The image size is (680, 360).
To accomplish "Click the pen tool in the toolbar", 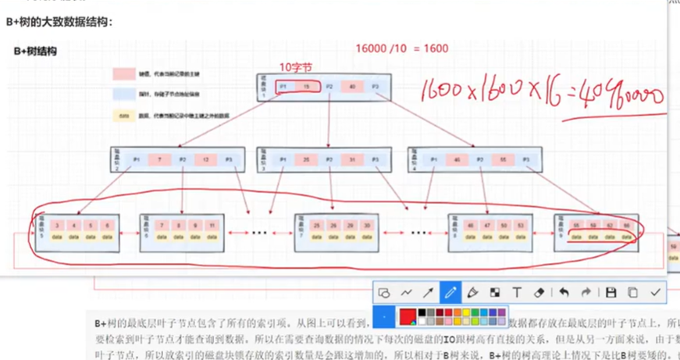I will pos(450,292).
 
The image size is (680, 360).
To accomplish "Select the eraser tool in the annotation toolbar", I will pos(539,292).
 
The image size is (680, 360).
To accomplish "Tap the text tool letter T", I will pos(517,292).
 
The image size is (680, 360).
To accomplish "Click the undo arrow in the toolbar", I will pos(564,292).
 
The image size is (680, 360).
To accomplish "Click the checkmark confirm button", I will pos(656,292).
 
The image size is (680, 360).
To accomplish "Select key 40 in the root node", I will pos(352,86).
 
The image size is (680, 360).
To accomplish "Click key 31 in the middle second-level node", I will pos(352,159).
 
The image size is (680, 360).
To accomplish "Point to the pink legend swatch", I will pos(123,74).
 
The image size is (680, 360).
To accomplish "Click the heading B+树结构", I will pos(35,52).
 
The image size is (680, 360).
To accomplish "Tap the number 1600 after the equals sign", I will pos(434,48).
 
